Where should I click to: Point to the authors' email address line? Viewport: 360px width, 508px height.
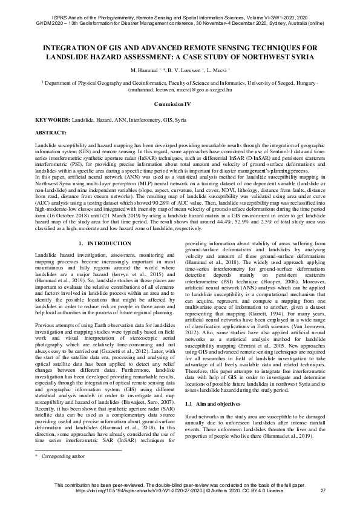[180, 88]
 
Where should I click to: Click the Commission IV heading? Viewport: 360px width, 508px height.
[180, 104]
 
